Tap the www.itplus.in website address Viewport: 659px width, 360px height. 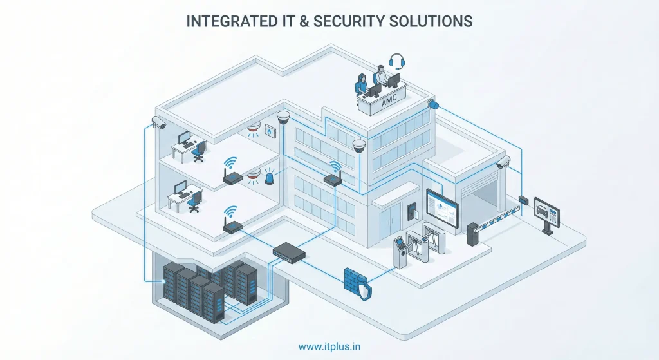point(329,346)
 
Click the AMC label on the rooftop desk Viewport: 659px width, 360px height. point(388,102)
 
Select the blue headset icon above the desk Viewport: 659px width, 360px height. point(396,61)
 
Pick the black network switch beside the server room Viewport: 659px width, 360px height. point(289,251)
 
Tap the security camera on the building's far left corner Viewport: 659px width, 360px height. point(160,122)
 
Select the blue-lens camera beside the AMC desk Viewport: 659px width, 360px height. point(433,104)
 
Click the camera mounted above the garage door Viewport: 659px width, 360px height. point(503,162)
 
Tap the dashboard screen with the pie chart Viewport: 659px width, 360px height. point(442,208)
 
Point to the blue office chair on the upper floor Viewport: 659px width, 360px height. point(200,152)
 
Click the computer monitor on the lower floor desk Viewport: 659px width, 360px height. point(181,187)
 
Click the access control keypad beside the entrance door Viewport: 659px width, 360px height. point(411,212)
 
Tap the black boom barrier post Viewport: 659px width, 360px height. point(473,234)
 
